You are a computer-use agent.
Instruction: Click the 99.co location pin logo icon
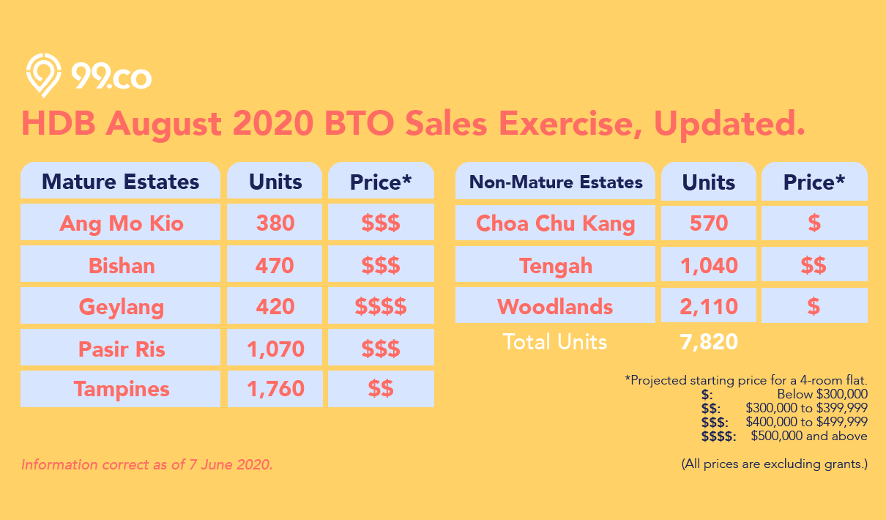pyautogui.click(x=43, y=75)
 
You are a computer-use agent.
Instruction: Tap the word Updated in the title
pyautogui.click(x=729, y=124)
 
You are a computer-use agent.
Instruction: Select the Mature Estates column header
pyautogui.click(x=120, y=181)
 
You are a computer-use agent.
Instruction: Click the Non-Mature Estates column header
pyautogui.click(x=555, y=182)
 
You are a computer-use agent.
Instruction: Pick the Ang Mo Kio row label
pyautogui.click(x=122, y=223)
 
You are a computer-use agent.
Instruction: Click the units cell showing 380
pyautogui.click(x=275, y=223)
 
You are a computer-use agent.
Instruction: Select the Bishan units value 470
pyautogui.click(x=275, y=264)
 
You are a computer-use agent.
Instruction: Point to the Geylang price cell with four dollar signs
pyautogui.click(x=381, y=306)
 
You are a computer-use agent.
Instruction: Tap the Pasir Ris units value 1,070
pyautogui.click(x=275, y=349)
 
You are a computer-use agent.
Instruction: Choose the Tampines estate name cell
pyautogui.click(x=122, y=389)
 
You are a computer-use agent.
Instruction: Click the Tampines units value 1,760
pyautogui.click(x=275, y=389)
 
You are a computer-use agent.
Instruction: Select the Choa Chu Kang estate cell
pyautogui.click(x=555, y=223)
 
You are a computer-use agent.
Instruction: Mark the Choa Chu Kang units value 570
pyautogui.click(x=709, y=223)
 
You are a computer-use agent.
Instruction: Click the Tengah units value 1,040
pyautogui.click(x=709, y=264)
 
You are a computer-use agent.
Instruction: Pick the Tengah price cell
pyautogui.click(x=814, y=264)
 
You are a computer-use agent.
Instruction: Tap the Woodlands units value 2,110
pyautogui.click(x=709, y=306)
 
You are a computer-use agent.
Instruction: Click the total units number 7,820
pyautogui.click(x=709, y=341)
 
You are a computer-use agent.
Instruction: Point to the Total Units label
pyautogui.click(x=554, y=341)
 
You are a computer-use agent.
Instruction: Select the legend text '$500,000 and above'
pyautogui.click(x=809, y=436)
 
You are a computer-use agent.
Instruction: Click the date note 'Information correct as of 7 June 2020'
pyautogui.click(x=146, y=464)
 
